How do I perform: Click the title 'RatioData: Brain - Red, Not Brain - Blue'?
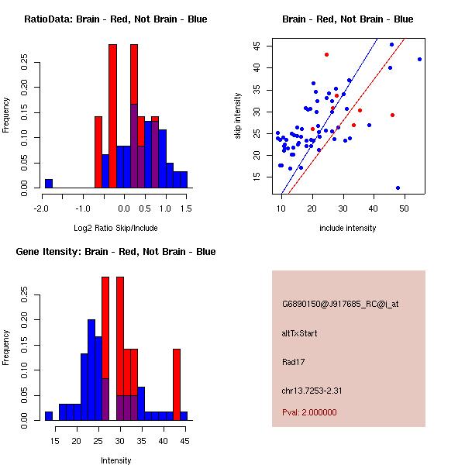point(115,19)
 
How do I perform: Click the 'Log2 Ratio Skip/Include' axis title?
point(115,228)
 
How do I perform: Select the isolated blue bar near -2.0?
point(49,184)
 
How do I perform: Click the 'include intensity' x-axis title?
point(348,228)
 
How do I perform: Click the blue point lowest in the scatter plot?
point(398,188)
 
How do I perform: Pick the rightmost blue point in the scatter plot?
point(419,59)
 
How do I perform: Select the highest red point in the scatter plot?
point(326,54)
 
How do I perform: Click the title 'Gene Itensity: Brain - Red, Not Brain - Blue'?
point(115,252)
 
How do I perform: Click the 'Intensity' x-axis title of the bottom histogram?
point(115,460)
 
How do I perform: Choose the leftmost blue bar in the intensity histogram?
point(49,416)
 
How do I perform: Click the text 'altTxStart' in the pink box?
point(299,333)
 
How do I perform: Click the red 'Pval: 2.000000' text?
point(309,412)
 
